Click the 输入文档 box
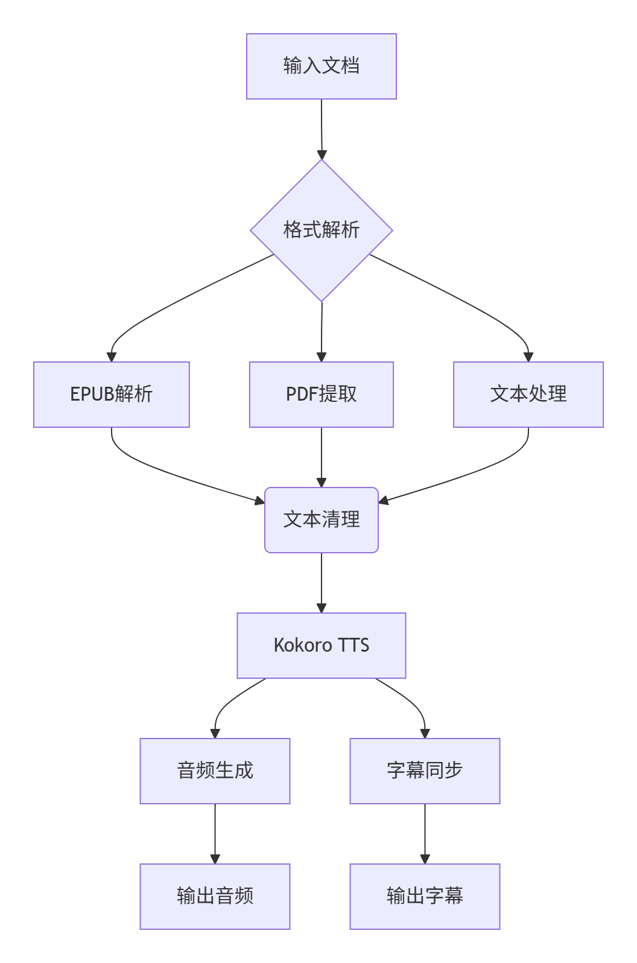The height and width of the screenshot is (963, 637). [321, 66]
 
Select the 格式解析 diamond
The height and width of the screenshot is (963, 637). [321, 230]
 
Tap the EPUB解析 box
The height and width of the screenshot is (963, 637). [111, 394]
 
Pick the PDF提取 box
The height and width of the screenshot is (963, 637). [321, 394]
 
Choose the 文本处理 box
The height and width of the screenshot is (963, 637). [528, 394]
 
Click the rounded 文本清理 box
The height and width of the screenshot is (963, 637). [321, 520]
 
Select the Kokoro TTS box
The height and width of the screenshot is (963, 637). [321, 645]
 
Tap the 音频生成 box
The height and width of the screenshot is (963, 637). [215, 771]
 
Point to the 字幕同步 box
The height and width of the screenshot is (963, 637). [425, 771]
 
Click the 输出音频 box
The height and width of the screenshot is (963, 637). [215, 896]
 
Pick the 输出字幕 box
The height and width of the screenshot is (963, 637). [425, 896]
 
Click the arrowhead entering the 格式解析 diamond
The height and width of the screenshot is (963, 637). [322, 155]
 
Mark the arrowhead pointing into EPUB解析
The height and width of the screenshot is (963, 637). [112, 357]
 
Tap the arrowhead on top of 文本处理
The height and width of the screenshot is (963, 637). [528, 357]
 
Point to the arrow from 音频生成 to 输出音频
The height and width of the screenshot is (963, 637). [215, 833]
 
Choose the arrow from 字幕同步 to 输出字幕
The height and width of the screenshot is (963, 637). [425, 833]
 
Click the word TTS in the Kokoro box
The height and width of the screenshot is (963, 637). [353, 645]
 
